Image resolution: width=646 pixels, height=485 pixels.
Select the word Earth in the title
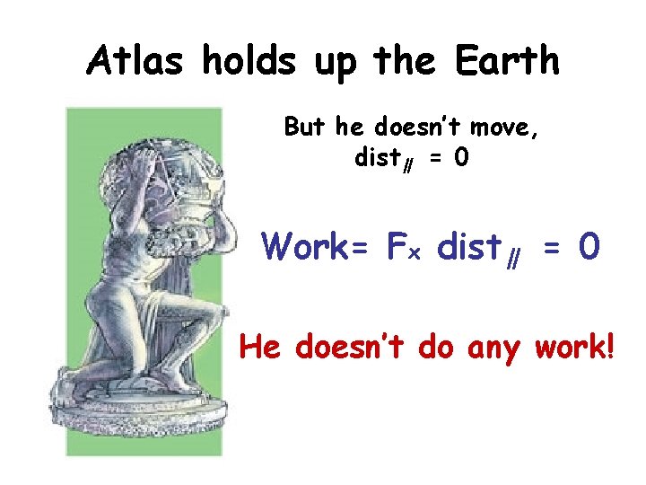(507, 61)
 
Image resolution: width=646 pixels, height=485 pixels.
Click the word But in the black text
(306, 128)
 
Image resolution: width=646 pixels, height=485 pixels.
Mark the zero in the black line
(460, 159)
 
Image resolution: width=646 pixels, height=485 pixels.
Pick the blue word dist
(474, 245)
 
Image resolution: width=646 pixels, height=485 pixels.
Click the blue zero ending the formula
(589, 245)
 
